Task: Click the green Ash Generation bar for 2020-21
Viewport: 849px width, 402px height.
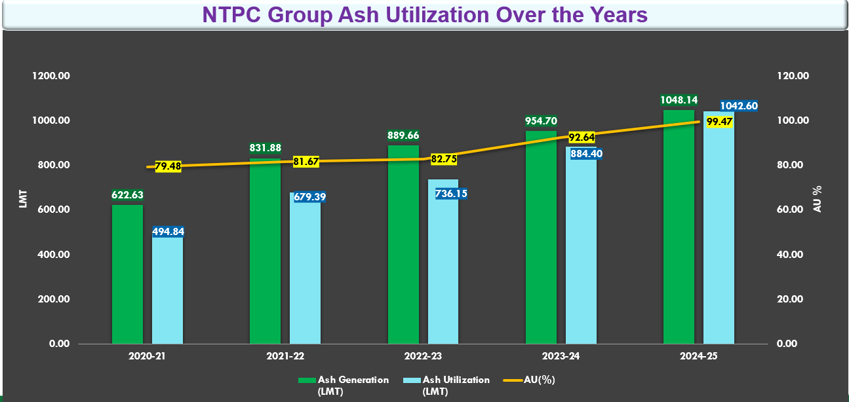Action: click(x=127, y=275)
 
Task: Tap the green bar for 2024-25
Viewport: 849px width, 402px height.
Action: click(x=679, y=229)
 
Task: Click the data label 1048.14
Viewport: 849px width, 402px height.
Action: click(x=679, y=100)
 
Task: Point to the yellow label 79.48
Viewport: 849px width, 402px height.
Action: click(x=168, y=166)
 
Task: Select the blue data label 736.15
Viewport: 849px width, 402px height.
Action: click(x=452, y=194)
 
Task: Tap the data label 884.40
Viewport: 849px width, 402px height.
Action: click(x=585, y=154)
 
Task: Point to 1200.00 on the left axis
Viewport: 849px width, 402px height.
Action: click(x=52, y=76)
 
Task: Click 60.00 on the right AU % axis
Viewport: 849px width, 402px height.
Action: click(x=791, y=210)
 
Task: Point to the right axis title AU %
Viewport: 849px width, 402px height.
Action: click(x=818, y=199)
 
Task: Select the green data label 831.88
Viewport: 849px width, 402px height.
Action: click(x=266, y=147)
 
